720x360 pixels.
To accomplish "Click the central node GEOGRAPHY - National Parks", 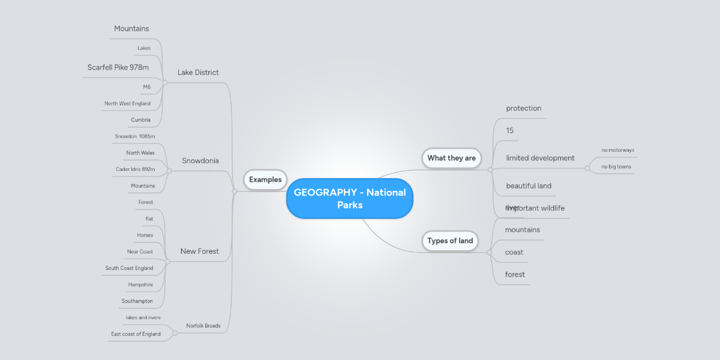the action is click(350, 198).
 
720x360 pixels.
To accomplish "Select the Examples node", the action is click(265, 179).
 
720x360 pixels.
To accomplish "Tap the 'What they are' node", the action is click(451, 158).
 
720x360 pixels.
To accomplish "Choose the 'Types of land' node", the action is click(450, 241).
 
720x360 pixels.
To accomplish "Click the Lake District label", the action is click(198, 73).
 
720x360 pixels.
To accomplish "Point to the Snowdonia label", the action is click(200, 161).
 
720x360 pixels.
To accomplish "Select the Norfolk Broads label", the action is click(203, 326).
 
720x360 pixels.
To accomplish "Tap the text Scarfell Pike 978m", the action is click(118, 67).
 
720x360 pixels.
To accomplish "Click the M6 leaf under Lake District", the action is click(146, 87).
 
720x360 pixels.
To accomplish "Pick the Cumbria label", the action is click(140, 120).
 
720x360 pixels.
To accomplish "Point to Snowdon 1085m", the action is click(135, 136).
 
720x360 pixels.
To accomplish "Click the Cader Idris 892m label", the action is click(135, 169).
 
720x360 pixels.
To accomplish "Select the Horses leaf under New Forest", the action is click(145, 235).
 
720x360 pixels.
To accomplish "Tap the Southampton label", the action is click(137, 301).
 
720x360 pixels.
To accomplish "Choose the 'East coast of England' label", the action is click(136, 334).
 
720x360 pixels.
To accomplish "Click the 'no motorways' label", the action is click(617, 150).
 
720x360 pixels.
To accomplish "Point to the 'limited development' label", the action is click(540, 158).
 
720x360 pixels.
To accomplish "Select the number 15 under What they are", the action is click(509, 130).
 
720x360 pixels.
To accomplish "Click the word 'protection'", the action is click(523, 109).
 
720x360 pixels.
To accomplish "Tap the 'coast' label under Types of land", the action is click(514, 252).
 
